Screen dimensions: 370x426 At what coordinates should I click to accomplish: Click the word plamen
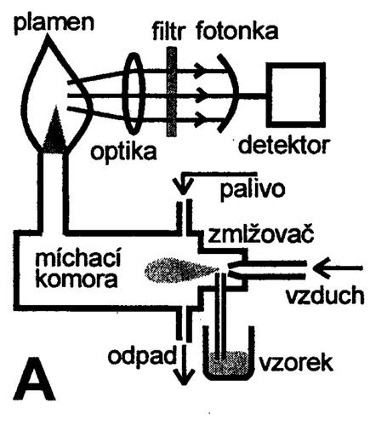[54, 22]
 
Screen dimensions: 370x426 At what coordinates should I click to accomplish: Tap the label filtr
[168, 32]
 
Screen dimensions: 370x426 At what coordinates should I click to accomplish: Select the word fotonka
[237, 31]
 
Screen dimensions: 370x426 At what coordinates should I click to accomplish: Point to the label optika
[123, 151]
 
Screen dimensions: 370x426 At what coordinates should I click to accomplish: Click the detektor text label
[284, 145]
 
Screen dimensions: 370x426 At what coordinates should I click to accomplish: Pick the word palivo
[253, 190]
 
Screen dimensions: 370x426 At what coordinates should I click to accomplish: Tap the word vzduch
[324, 296]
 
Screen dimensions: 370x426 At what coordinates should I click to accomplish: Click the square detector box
[296, 95]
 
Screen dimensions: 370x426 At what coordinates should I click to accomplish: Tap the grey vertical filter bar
[171, 92]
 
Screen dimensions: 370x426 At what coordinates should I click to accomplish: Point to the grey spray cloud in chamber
[181, 269]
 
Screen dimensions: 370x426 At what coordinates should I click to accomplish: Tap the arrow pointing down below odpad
[185, 365]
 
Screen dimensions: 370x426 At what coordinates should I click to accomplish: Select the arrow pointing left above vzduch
[338, 267]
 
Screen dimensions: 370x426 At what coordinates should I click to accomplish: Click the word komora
[77, 279]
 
